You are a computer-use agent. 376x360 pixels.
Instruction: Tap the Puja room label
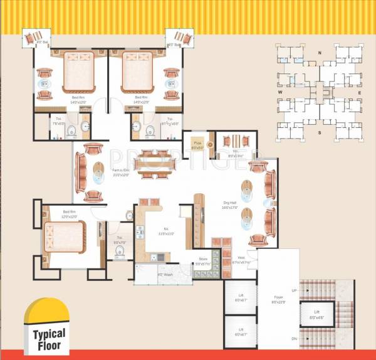point(196,145)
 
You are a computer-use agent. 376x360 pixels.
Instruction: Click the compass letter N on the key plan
point(320,53)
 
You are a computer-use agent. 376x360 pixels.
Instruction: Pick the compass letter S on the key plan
point(320,133)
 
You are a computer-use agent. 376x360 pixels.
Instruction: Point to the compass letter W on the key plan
point(279,93)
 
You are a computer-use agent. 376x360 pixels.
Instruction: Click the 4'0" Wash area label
point(165,273)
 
